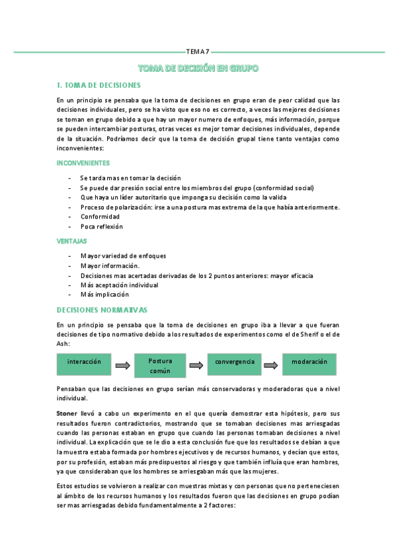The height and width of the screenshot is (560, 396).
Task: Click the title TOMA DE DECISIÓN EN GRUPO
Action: coord(198,68)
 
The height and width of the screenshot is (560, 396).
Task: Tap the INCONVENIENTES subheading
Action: coord(83,162)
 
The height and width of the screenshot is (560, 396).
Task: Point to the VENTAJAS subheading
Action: coord(72,241)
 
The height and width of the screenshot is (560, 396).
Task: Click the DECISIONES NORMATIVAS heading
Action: coord(102,310)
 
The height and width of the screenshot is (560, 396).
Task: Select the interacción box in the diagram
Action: coord(84,363)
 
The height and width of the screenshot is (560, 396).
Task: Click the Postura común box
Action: coord(160,366)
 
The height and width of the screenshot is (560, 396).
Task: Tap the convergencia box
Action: coord(235,363)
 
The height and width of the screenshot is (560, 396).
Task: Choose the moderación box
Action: coord(309,363)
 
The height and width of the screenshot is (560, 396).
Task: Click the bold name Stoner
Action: coord(69,412)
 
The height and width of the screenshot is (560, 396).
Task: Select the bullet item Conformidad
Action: coord(100,217)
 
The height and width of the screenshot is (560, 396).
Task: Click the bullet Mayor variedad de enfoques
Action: coord(123,256)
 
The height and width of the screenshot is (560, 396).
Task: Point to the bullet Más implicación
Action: coord(104,295)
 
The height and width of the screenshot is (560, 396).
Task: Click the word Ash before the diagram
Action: coord(63,343)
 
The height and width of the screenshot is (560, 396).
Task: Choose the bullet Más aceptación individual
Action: coord(119,285)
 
